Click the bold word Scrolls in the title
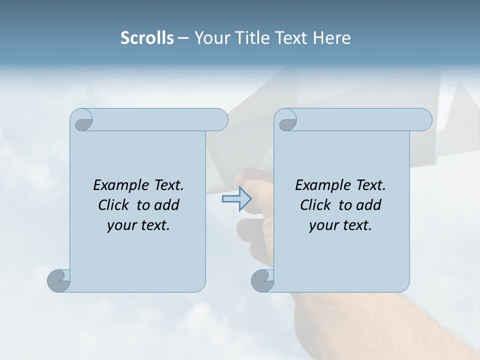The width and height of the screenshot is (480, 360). (147, 37)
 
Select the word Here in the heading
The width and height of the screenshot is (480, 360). (332, 37)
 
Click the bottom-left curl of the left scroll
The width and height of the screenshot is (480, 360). (59, 280)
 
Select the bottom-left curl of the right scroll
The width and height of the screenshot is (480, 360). (262, 280)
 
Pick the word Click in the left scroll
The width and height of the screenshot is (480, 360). (114, 205)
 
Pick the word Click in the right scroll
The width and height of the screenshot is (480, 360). (316, 205)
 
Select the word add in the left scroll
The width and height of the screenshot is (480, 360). (166, 205)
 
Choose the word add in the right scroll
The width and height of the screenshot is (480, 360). (368, 205)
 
